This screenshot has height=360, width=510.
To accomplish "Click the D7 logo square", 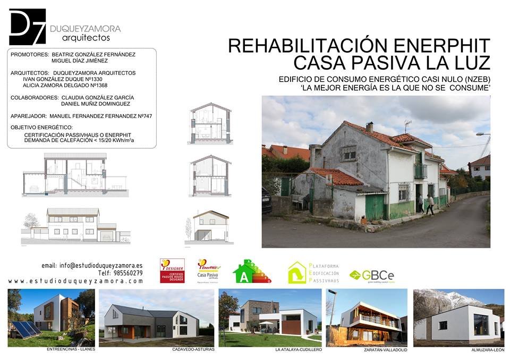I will (27, 27).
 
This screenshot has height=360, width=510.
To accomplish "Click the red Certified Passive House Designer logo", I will (172, 271).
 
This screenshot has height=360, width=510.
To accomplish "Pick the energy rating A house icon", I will (251, 271).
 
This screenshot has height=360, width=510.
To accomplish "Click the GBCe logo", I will (372, 275).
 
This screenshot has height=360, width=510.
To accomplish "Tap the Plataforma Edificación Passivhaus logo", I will (313, 272).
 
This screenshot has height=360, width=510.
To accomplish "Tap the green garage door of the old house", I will (375, 207).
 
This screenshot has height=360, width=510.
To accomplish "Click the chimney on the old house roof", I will (369, 127).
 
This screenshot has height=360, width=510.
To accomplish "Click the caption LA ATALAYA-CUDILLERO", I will (299, 350).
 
